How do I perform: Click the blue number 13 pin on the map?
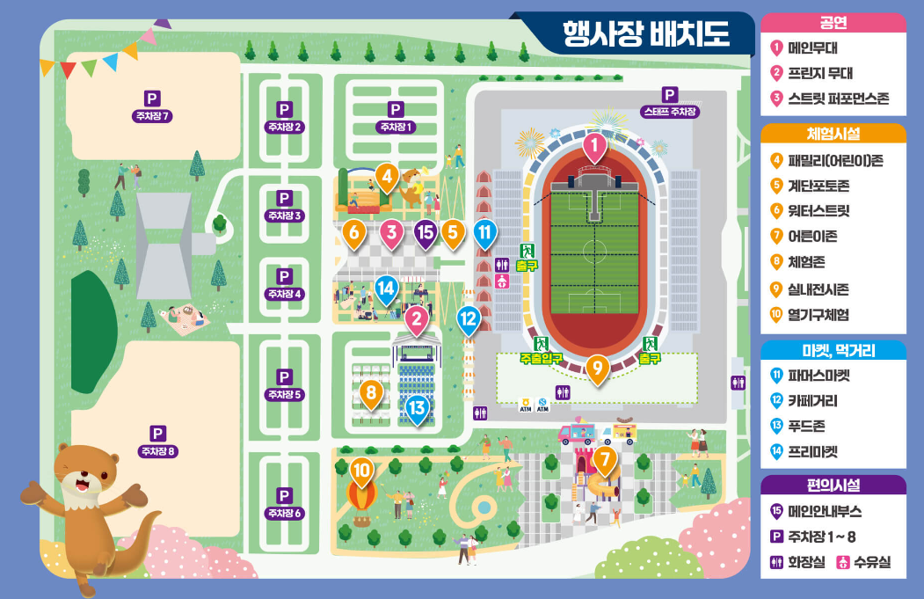click(x=417, y=408)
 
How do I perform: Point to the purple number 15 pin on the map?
click(x=426, y=233)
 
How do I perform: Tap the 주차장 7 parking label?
click(x=152, y=115)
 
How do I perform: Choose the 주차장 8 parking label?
click(x=157, y=451)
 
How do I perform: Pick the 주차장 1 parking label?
click(x=396, y=127)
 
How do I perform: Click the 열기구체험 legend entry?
click(x=823, y=314)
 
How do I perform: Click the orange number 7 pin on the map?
click(x=604, y=458)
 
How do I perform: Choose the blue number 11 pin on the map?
click(x=484, y=233)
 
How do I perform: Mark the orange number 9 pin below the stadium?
click(x=597, y=368)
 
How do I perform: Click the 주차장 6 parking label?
click(x=284, y=513)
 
